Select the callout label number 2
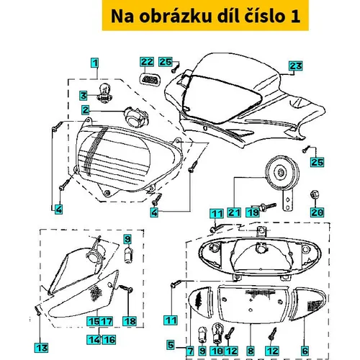(86, 109)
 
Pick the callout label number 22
(147, 62)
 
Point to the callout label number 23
(294, 66)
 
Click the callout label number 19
(253, 213)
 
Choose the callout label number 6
(305, 351)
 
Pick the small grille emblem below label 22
(148, 78)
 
